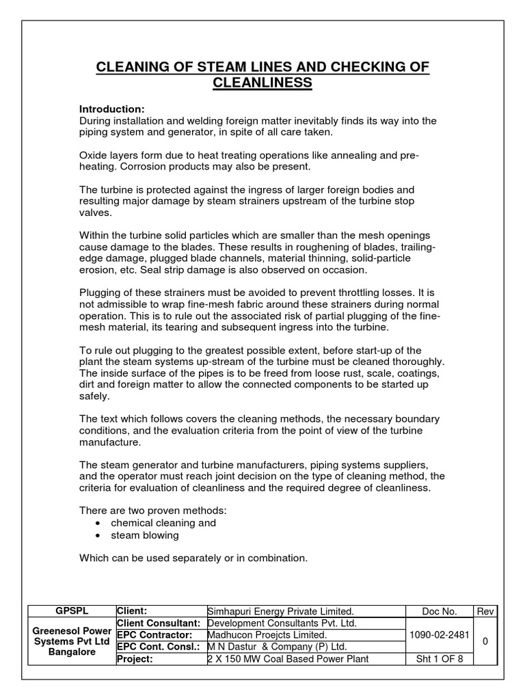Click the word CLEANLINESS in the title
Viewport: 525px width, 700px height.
(262, 83)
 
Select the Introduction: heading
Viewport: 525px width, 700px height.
(111, 109)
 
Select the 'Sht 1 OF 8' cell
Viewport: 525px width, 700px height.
(437, 659)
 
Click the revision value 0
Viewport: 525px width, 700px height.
(484, 641)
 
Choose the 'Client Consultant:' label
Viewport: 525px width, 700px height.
(159, 623)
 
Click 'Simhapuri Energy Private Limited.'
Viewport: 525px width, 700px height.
(280, 611)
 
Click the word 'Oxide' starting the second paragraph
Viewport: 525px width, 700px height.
(93, 156)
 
